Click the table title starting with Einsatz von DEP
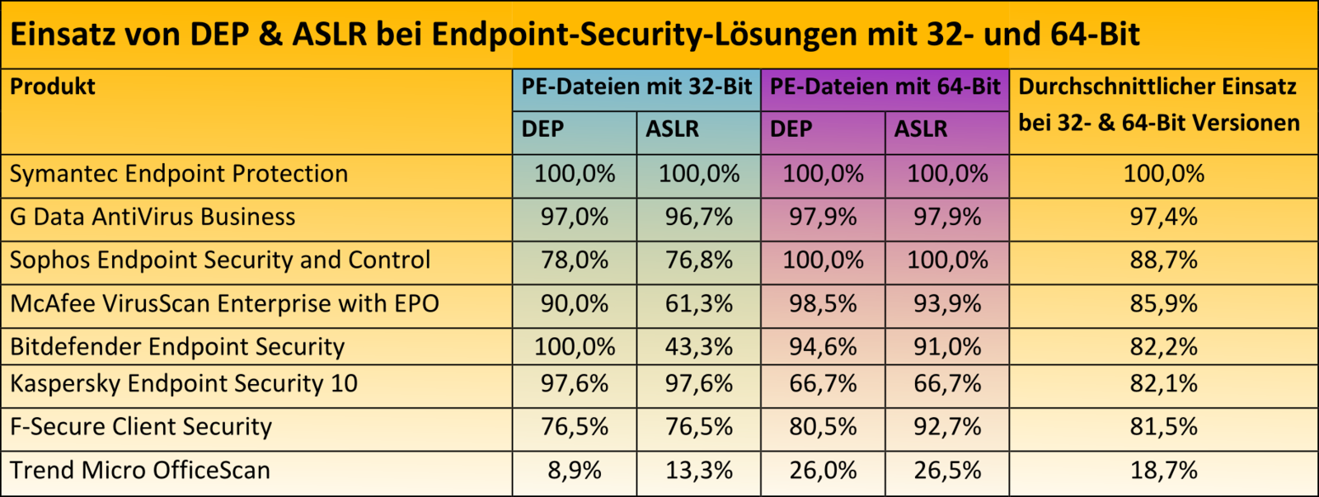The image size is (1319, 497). pyautogui.click(x=575, y=35)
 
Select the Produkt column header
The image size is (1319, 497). pyautogui.click(x=53, y=87)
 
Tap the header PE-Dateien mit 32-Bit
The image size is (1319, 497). pyautogui.click(x=636, y=87)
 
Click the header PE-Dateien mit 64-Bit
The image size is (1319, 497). pyautogui.click(x=885, y=87)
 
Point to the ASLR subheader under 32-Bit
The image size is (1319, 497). pyautogui.click(x=672, y=129)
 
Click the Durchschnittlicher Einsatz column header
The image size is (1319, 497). pyautogui.click(x=1158, y=105)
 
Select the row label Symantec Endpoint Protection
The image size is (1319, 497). pyautogui.click(x=179, y=174)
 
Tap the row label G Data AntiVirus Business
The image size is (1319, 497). pyautogui.click(x=153, y=217)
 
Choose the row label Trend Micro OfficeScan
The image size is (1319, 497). pyautogui.click(x=140, y=471)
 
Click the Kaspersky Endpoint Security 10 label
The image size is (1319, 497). pyautogui.click(x=184, y=383)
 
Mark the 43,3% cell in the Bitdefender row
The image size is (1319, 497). pyautogui.click(x=699, y=347)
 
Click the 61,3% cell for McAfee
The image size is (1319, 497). pyautogui.click(x=699, y=304)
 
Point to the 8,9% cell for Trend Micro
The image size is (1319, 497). pyautogui.click(x=575, y=471)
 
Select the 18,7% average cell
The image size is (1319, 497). pyautogui.click(x=1163, y=471)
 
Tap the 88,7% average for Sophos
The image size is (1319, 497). pyautogui.click(x=1163, y=260)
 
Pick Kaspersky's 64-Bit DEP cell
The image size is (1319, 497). pyautogui.click(x=823, y=383)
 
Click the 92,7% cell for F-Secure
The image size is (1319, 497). pyautogui.click(x=947, y=427)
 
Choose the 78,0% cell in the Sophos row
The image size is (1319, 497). pyautogui.click(x=575, y=260)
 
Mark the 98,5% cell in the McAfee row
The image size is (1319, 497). pyautogui.click(x=823, y=304)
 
